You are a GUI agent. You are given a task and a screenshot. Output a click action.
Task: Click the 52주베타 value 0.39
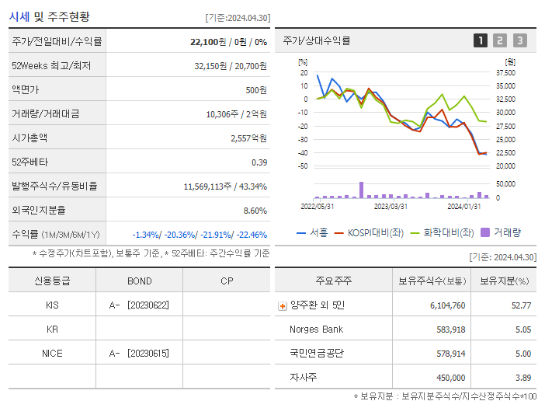[x=259, y=162]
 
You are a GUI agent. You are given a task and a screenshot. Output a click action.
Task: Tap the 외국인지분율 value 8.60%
[x=255, y=210]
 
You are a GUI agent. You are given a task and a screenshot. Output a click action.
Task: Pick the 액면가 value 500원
[x=256, y=90]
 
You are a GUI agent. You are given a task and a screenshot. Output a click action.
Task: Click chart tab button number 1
[x=481, y=40]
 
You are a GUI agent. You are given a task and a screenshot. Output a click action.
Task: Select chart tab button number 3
[x=519, y=40]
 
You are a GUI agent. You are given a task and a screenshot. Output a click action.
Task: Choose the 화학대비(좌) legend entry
[x=442, y=232]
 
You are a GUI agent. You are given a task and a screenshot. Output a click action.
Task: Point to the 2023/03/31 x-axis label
[x=391, y=206]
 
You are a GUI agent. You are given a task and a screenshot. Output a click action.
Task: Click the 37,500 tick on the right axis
[x=505, y=72]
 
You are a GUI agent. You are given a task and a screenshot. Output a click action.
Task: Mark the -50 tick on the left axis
[x=303, y=166]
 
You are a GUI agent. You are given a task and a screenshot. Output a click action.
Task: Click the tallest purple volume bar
[x=361, y=190]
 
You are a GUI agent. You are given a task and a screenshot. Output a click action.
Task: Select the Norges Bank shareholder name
[x=316, y=330]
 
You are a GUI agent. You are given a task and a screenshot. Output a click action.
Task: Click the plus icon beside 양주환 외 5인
[x=283, y=305]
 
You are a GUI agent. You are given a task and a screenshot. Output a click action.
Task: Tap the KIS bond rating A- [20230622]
[x=139, y=305]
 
